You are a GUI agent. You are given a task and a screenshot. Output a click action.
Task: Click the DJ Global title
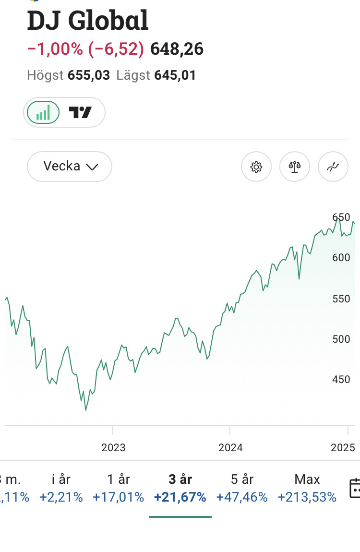pos(88,21)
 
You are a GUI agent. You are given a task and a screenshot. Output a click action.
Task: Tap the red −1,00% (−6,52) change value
pos(85,49)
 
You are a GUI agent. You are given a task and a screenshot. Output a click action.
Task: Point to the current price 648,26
pos(177,49)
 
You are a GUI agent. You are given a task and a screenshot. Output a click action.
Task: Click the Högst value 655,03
pos(89,75)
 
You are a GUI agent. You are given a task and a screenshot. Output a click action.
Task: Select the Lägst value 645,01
pos(175,75)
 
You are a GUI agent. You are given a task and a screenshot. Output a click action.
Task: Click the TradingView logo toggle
pos(80,113)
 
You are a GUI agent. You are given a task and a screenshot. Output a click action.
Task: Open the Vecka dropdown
pos(70,167)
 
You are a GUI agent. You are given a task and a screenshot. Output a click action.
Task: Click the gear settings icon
pos(256,167)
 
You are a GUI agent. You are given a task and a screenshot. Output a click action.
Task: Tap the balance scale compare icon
pos(295,167)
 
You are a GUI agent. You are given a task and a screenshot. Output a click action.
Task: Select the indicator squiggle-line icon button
pos(333,167)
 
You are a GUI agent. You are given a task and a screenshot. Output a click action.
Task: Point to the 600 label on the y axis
pos(341,258)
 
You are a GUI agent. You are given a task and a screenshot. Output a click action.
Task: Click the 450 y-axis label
pos(341,380)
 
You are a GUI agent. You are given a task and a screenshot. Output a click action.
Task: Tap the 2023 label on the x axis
pos(113,448)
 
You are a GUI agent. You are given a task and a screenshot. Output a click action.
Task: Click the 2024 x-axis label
pos(230,448)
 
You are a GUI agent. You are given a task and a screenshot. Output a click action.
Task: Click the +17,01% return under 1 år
pos(118,497)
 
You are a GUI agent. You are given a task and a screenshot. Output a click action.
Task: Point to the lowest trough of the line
pos(86,409)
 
